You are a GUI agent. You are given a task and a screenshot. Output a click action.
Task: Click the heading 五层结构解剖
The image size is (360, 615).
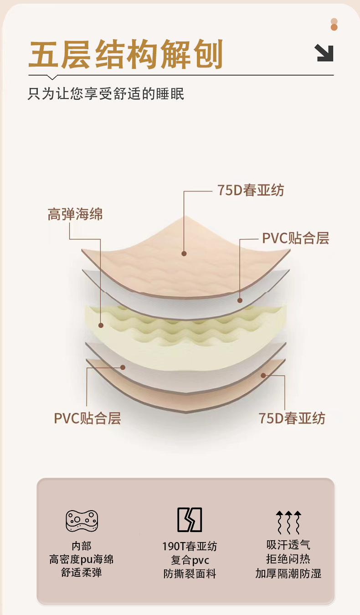126,54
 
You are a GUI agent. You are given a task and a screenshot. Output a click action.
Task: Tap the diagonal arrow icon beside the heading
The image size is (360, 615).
324,53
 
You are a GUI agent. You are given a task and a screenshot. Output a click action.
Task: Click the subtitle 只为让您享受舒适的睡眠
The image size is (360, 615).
106,94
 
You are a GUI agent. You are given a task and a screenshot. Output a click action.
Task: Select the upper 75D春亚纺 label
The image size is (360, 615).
251,190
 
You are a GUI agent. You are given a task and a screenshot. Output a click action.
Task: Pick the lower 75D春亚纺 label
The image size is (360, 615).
292,418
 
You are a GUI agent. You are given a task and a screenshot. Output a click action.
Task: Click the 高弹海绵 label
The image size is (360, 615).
75,214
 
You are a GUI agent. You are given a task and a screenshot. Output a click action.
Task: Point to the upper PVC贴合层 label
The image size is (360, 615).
295,238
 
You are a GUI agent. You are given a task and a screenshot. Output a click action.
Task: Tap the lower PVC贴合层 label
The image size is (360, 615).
87,418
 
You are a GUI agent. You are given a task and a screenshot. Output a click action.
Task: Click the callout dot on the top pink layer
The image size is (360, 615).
184,253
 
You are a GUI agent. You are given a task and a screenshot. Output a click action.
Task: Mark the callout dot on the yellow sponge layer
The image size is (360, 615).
101,326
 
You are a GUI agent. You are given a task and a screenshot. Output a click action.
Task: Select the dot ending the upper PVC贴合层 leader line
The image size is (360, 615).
240,300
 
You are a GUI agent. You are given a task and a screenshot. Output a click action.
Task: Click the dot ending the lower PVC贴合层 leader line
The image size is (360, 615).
123,367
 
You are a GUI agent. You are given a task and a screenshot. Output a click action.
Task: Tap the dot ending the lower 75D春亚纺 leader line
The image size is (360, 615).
263,375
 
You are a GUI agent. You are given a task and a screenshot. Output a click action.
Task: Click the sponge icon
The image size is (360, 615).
82,521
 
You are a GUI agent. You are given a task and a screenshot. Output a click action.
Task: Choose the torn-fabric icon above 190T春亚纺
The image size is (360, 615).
190,520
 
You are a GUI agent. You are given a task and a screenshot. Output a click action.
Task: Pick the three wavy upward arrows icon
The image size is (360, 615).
288,522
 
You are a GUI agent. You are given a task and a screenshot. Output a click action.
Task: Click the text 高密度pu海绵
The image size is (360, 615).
82,559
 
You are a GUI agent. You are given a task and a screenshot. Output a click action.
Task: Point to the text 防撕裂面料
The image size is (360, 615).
190,574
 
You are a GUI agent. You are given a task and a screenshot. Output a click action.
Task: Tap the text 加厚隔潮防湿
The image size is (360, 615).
288,574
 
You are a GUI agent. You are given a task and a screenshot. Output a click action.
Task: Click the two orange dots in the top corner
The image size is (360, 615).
334,25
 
